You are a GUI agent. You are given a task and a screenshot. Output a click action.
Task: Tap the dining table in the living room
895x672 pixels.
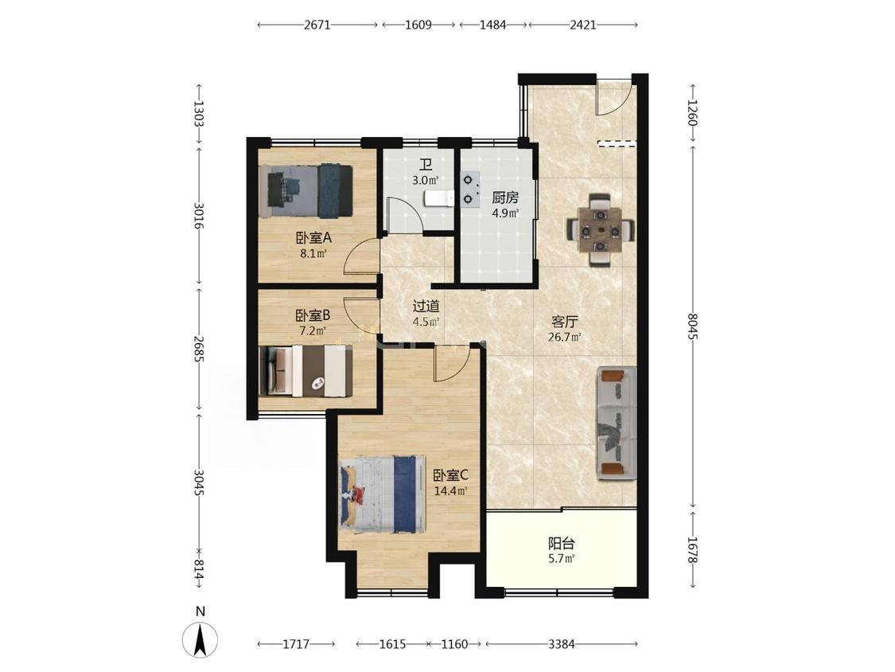[x=600, y=231]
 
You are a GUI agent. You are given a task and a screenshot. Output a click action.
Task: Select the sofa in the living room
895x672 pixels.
[x=617, y=423]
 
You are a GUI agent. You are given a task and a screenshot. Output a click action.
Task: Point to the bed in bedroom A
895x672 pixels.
[x=305, y=191]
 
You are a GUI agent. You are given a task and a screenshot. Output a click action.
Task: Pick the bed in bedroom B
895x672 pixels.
[x=305, y=371]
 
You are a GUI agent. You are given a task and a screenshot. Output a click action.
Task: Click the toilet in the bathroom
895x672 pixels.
[x=438, y=198]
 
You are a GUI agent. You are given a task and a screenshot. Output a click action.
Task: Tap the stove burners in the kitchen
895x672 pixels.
[x=470, y=189]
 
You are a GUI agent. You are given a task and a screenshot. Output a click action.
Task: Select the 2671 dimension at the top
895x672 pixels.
[x=317, y=25]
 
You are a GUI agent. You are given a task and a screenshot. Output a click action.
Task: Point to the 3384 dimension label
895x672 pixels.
[x=561, y=644]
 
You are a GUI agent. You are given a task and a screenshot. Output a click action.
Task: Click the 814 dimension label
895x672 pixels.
[x=198, y=569]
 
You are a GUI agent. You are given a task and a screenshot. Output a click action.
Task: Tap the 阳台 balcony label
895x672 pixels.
[x=561, y=544]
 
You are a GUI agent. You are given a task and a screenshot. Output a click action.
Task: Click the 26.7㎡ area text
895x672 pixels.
[x=565, y=337]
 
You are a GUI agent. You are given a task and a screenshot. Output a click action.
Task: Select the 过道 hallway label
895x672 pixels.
[x=426, y=307]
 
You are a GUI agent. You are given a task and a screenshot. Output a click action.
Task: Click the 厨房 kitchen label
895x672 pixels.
[x=505, y=197]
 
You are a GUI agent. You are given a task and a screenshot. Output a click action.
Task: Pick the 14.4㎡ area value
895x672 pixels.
[x=451, y=490]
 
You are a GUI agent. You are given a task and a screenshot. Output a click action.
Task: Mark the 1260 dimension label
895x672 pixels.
[x=693, y=112]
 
